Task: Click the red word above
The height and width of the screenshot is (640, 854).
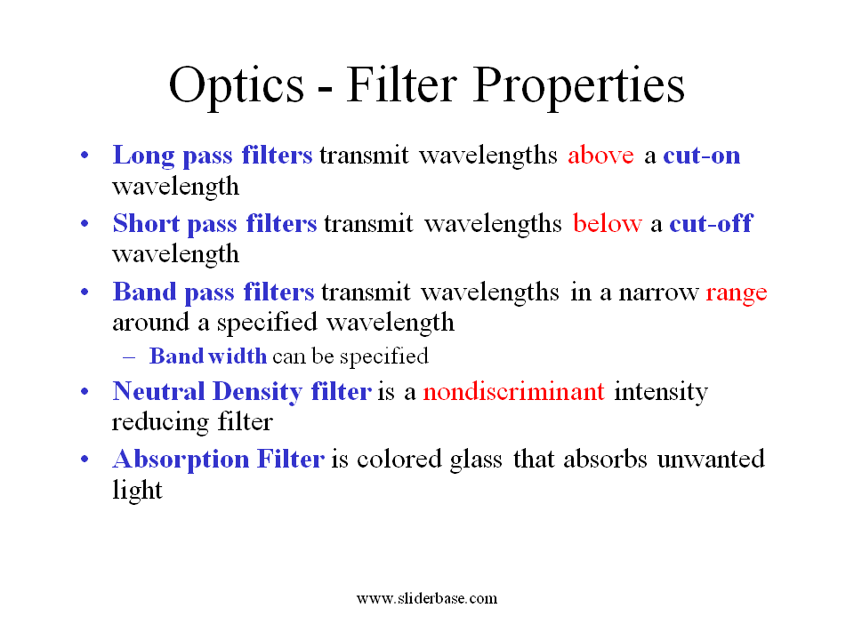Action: coord(600,156)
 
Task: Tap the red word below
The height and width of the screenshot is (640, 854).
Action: coord(607,224)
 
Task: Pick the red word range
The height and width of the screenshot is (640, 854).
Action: coord(737,292)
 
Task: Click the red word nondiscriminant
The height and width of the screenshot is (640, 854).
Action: coord(514,392)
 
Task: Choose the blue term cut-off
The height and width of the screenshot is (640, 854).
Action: coord(710,224)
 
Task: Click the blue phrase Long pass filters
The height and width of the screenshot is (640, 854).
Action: coord(212,156)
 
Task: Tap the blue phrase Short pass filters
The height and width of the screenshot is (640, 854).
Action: coord(214,224)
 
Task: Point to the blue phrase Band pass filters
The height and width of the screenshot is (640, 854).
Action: coord(213,292)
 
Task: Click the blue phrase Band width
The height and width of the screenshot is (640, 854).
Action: coord(208,356)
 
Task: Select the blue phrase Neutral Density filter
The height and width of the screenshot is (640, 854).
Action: coord(242,392)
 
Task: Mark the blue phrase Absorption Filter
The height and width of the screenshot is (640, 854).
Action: coord(218,460)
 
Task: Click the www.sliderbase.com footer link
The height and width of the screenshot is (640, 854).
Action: coord(427,598)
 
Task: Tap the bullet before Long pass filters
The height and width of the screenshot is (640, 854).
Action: coord(85,156)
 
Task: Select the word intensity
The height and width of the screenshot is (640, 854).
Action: coord(661,392)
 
